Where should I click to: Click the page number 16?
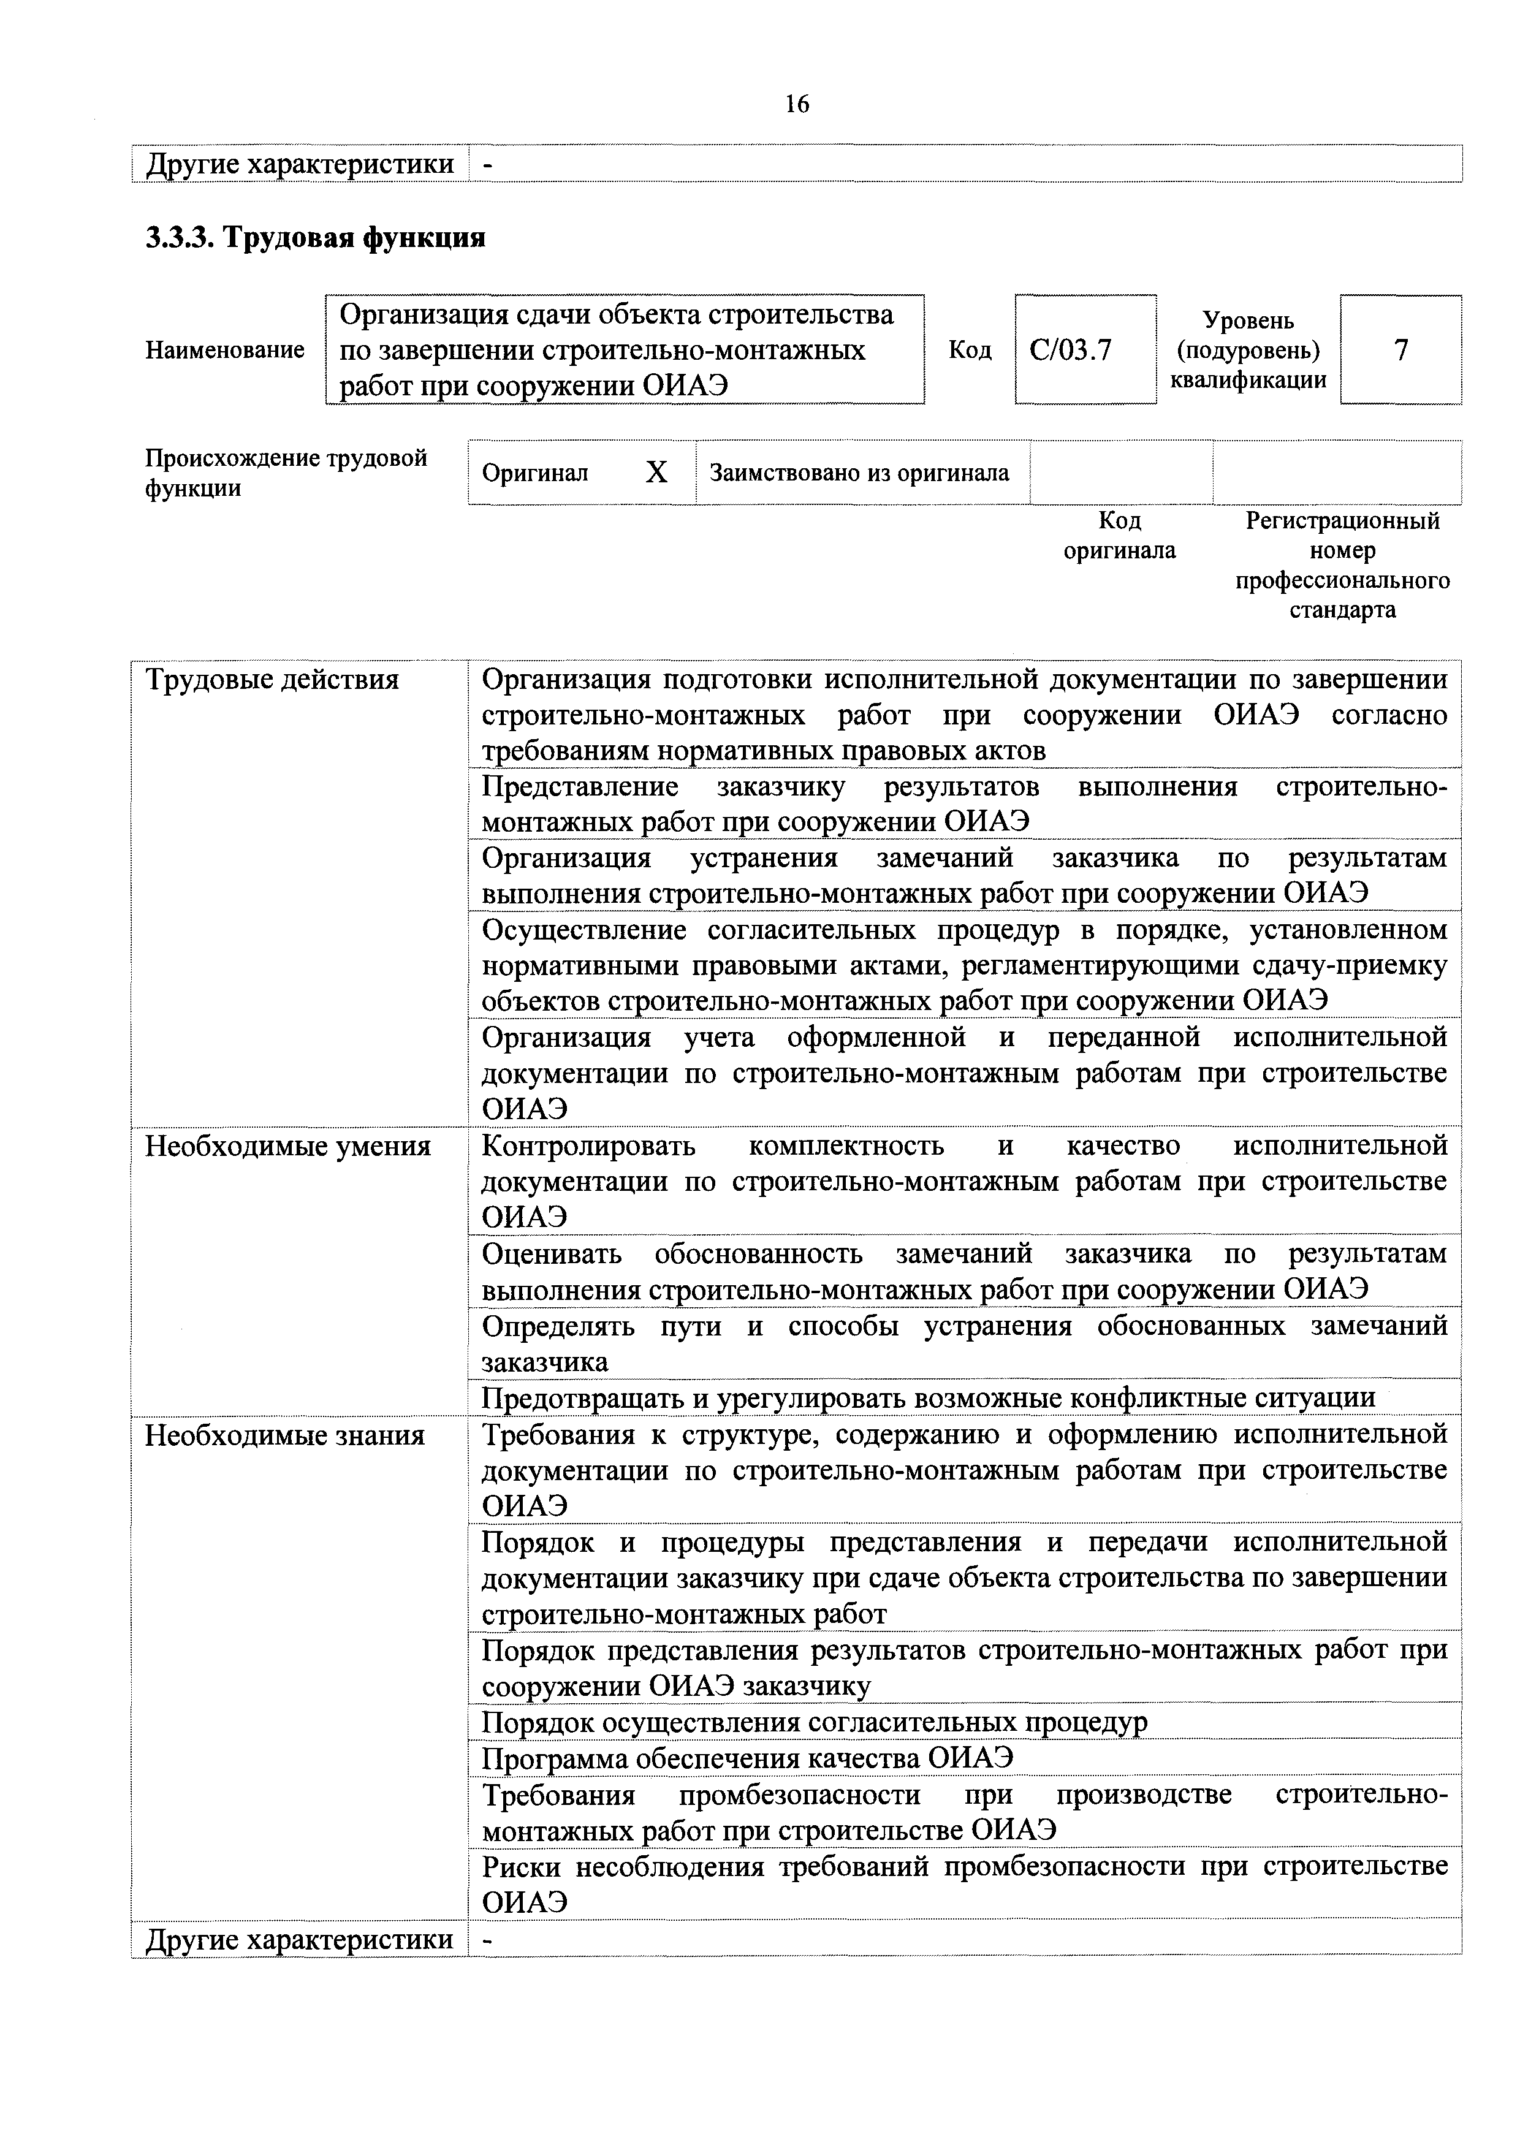797,104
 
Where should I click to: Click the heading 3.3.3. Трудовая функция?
316,238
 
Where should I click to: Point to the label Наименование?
225,350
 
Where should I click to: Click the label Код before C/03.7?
970,350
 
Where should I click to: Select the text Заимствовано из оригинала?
859,473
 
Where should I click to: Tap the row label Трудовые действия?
272,679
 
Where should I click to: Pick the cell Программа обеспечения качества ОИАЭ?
747,1758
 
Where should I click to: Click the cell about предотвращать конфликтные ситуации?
927,1398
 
